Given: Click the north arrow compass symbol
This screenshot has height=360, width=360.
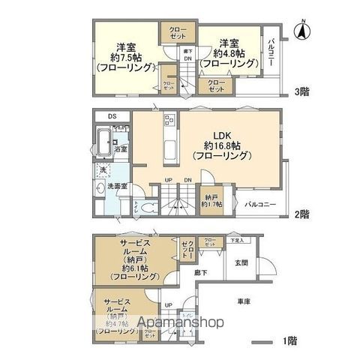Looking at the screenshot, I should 301,31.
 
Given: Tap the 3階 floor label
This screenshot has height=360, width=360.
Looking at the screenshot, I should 302,92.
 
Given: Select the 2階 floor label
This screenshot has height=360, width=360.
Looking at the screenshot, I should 302,214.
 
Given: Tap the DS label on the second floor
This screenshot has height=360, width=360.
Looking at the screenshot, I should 112,116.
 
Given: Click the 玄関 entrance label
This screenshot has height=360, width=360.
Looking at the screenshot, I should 241,262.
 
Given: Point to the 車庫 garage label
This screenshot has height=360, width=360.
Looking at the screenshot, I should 242,301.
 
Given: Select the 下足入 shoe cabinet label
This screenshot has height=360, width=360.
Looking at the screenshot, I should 237,241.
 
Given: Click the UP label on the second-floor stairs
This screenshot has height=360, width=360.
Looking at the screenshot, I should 169,180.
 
